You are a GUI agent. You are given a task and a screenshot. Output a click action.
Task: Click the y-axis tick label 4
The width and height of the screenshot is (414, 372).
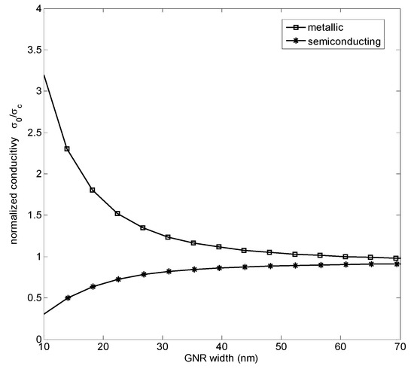tap(32, 8)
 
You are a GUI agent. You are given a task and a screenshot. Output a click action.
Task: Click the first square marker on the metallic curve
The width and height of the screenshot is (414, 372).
tap(68, 149)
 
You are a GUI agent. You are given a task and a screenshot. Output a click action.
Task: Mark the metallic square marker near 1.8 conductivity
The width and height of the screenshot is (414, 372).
tap(93, 190)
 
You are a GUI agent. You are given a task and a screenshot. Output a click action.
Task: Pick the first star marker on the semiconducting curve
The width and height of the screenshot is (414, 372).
tap(68, 297)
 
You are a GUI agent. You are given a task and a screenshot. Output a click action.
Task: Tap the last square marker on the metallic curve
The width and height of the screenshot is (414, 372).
tap(396, 258)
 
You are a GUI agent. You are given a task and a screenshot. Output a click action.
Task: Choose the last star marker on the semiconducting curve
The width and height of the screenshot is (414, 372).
tap(396, 264)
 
